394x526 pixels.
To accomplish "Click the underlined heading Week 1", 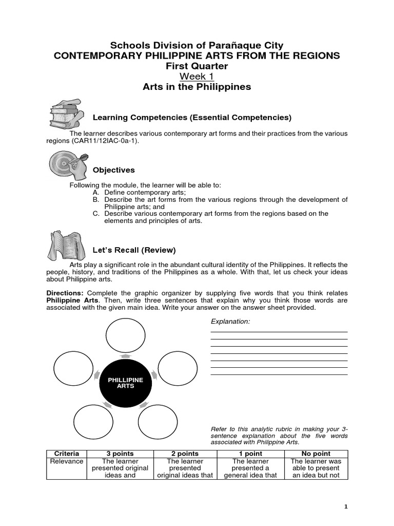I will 197,77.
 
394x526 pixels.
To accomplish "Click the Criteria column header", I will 67,454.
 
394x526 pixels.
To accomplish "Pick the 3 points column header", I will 120,454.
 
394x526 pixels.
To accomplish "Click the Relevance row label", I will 67,461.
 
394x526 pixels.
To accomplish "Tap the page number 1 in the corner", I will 346,506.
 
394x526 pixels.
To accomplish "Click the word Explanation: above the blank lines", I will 230,322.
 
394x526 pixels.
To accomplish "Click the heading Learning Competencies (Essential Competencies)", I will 192,118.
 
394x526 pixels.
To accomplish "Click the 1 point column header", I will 250,454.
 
